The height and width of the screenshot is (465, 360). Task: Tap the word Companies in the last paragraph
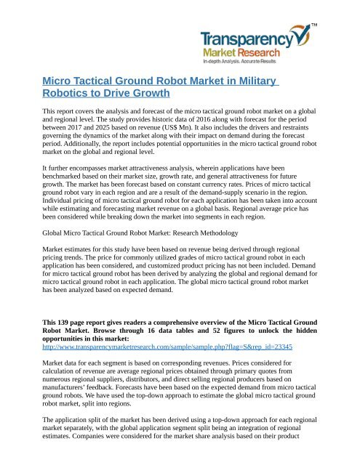click(x=71, y=460)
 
